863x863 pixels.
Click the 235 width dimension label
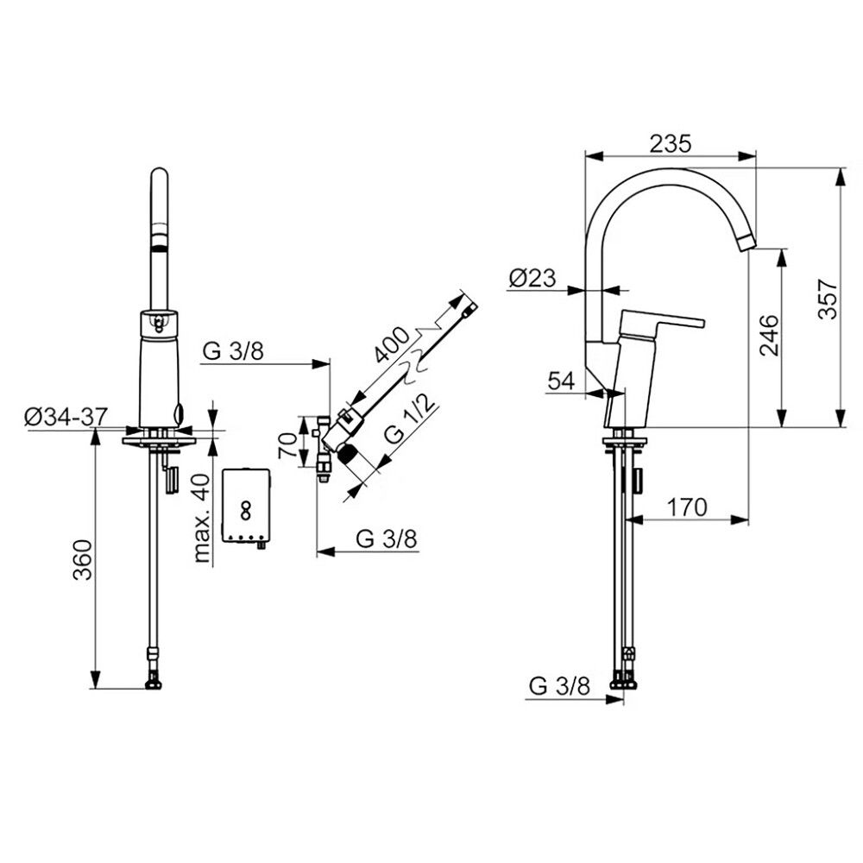click(670, 143)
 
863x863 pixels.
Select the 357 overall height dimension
click(828, 299)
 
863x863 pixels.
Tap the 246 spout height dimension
click(770, 335)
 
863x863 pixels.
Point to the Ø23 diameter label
click(532, 279)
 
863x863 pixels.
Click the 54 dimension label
click(562, 381)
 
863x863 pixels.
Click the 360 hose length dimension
click(83, 560)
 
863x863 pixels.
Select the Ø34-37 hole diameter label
click(66, 417)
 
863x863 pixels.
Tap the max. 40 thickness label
click(203, 518)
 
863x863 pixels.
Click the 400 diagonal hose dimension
click(391, 346)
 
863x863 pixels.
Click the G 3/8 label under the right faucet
click(559, 686)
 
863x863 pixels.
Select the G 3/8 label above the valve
click(233, 351)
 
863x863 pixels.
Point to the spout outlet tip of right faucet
click(746, 243)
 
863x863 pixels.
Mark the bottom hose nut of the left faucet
click(153, 684)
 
